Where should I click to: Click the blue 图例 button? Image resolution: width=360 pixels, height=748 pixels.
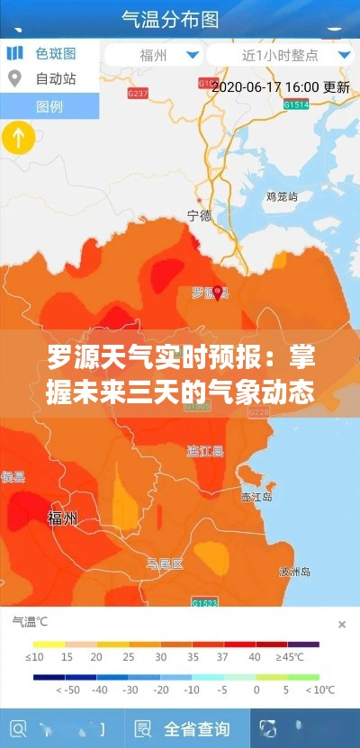49,106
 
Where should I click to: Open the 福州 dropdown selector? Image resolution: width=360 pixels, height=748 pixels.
154,55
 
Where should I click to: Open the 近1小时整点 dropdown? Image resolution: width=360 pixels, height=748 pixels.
281,55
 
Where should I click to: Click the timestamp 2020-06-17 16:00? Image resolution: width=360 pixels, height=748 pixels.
265,87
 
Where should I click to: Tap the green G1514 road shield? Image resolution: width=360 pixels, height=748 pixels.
296,104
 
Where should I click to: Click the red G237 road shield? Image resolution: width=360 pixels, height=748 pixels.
139,93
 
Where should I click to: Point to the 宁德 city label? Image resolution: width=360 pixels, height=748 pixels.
199,216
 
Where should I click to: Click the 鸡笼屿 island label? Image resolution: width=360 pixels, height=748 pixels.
282,194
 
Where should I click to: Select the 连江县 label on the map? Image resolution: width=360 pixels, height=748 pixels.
205,450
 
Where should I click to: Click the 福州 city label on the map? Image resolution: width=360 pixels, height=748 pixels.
62,518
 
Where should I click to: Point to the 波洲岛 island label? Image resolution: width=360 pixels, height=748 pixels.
294,572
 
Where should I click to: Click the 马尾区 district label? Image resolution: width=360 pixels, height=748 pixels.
165,564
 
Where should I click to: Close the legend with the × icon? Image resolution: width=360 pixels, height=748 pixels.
342,624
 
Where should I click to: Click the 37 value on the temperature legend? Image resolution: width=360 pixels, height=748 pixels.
222,658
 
